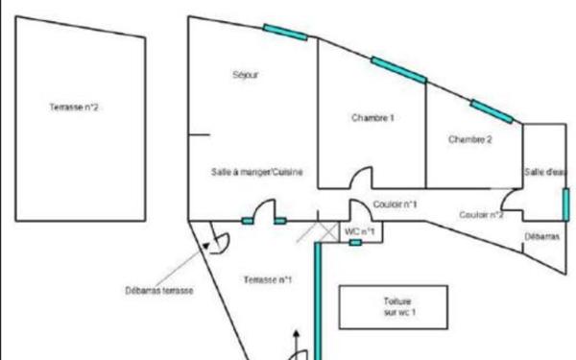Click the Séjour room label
247,75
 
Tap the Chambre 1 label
372,118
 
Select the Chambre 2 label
470,139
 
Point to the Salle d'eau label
544,172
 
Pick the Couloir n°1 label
395,204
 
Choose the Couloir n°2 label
482,214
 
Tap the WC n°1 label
359,230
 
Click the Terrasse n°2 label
75,108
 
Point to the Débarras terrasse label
159,290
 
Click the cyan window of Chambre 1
398,69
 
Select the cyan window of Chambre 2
491,109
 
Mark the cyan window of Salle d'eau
565,204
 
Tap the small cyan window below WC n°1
355,243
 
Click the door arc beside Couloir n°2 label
514,201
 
